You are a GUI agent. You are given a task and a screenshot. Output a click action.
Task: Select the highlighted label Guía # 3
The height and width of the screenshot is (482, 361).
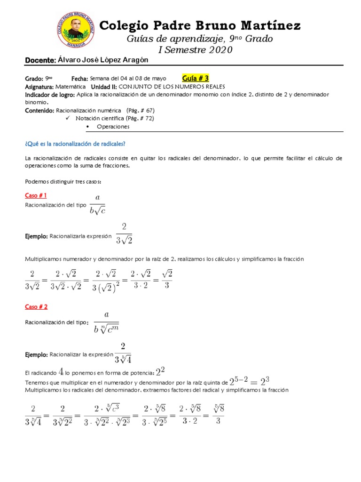pyautogui.click(x=195, y=78)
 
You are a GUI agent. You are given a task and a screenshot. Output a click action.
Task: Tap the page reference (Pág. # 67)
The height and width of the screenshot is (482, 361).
pyautogui.click(x=137, y=111)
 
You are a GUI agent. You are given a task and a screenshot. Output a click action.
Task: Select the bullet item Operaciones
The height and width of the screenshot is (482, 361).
pyautogui.click(x=113, y=127)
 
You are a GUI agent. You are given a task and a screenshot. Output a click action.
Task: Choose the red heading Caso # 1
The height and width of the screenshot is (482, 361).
pyautogui.click(x=36, y=195)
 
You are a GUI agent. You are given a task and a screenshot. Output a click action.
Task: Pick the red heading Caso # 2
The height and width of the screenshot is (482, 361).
pyautogui.click(x=36, y=306)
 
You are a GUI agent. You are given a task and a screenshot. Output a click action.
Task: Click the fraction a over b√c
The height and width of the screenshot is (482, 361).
pyautogui.click(x=97, y=204)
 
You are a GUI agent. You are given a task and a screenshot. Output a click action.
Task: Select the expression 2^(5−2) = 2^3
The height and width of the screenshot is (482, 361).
pyautogui.click(x=249, y=381)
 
